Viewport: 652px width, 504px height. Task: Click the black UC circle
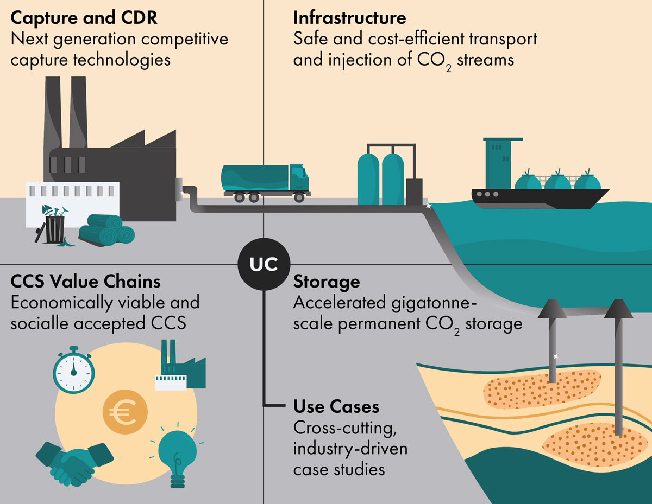[x=264, y=264]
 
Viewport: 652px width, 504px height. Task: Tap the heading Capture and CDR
[x=84, y=18]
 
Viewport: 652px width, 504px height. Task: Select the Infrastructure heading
[x=349, y=18]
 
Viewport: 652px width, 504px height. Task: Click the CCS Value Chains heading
[x=85, y=282]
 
